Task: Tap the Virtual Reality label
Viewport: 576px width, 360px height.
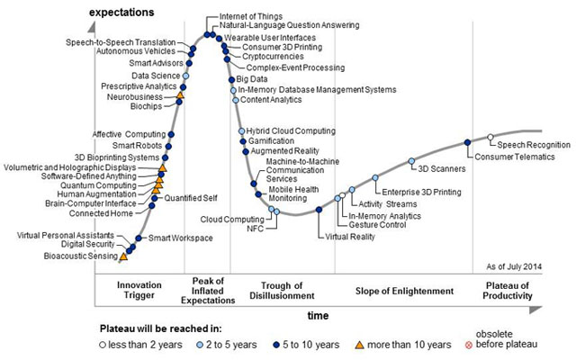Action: click(350, 238)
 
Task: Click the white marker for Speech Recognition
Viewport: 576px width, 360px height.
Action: click(490, 137)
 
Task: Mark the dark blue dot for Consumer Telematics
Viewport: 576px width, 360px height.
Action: click(467, 142)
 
